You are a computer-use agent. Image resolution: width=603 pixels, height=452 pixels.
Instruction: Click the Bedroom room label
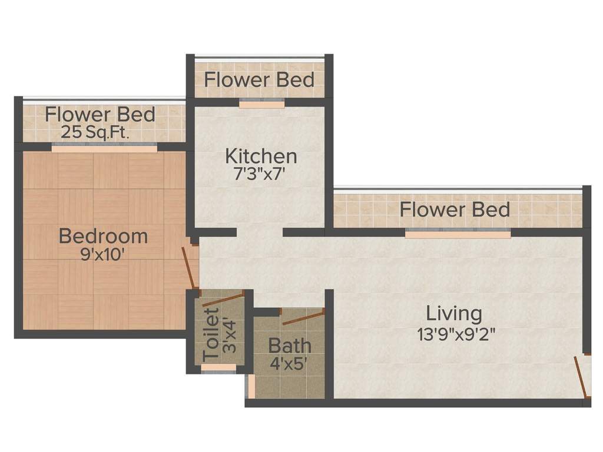(x=103, y=236)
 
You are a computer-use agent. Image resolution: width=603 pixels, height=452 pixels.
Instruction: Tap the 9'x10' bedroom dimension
(x=103, y=256)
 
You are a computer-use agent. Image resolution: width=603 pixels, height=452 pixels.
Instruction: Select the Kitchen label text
(x=261, y=156)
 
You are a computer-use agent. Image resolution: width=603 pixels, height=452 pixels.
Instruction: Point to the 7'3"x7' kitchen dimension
(x=261, y=175)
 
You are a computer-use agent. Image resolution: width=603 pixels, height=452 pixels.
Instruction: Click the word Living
(x=454, y=313)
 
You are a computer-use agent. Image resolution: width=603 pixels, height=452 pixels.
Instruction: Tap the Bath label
(x=290, y=344)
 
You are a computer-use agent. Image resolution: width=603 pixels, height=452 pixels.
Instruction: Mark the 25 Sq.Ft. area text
(x=95, y=132)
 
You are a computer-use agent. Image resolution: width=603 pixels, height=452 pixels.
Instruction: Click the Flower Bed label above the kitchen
(x=259, y=79)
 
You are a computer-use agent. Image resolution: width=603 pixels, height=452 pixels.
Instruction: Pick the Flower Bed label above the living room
(x=455, y=209)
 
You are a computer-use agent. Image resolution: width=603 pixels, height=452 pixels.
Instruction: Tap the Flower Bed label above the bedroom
(x=100, y=114)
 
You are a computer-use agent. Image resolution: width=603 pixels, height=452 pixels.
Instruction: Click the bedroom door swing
(x=190, y=268)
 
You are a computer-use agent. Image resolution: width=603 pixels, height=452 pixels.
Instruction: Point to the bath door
(x=303, y=316)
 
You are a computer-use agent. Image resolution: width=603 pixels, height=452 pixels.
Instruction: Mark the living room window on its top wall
(x=458, y=234)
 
